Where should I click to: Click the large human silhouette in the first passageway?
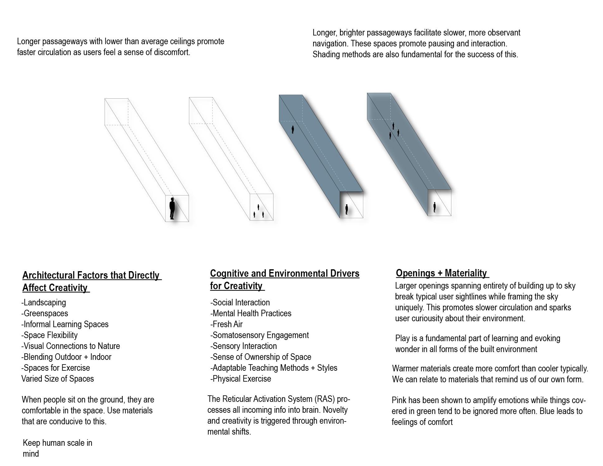point(172,208)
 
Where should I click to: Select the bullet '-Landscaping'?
point(44,303)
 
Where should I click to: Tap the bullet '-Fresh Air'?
point(226,324)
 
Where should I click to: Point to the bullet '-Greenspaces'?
point(45,313)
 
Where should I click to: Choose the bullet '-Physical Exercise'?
point(241,379)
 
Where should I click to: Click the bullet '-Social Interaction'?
point(240,303)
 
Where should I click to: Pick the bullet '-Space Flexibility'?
point(49,335)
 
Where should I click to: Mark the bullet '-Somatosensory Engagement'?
point(260,335)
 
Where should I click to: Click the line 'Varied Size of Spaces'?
point(58,379)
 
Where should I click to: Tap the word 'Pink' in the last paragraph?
point(399,400)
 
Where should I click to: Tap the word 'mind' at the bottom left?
point(31,454)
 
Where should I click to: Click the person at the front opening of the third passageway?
point(346,209)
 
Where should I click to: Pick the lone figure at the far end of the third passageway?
point(293,129)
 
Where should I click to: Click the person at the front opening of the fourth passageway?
point(435,207)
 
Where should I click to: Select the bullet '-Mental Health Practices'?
point(251,313)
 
